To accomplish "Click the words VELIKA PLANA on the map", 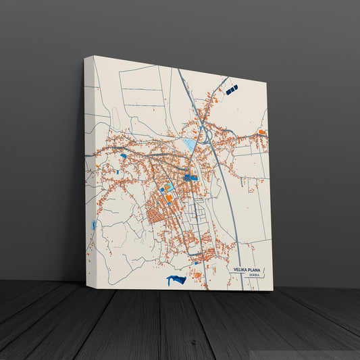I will coord(249,269).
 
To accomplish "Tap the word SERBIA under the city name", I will coord(254,276).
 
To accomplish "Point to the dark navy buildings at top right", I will coord(232,89).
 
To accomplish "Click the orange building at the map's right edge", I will coord(261,131).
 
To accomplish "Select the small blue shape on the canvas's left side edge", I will coord(92,226).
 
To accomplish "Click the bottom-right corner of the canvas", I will coord(273,290).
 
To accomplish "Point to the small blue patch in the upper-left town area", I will coord(123,155).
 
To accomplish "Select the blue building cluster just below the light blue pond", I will coord(190,178).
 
